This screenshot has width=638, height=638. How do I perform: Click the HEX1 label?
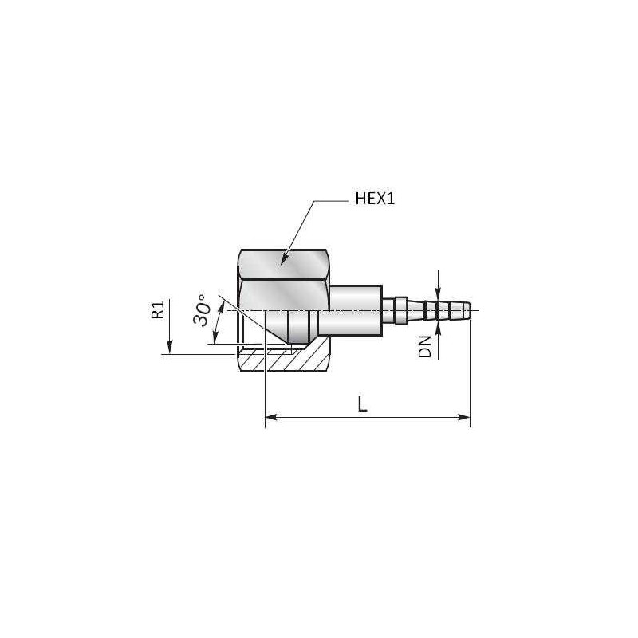coord(375,199)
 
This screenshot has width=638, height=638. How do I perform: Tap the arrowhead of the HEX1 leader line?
coord(283,262)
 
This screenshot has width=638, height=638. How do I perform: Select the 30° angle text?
coord(203,310)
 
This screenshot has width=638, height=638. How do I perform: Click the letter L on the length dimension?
coord(362,404)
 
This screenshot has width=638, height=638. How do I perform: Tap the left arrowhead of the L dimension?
coord(270,416)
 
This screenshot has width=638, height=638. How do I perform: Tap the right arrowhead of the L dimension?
coord(465,416)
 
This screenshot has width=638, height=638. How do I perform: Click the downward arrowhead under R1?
coord(169,349)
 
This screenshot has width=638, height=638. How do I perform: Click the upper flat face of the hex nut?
coord(283,263)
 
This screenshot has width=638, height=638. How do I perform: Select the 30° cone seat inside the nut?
coord(275,327)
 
